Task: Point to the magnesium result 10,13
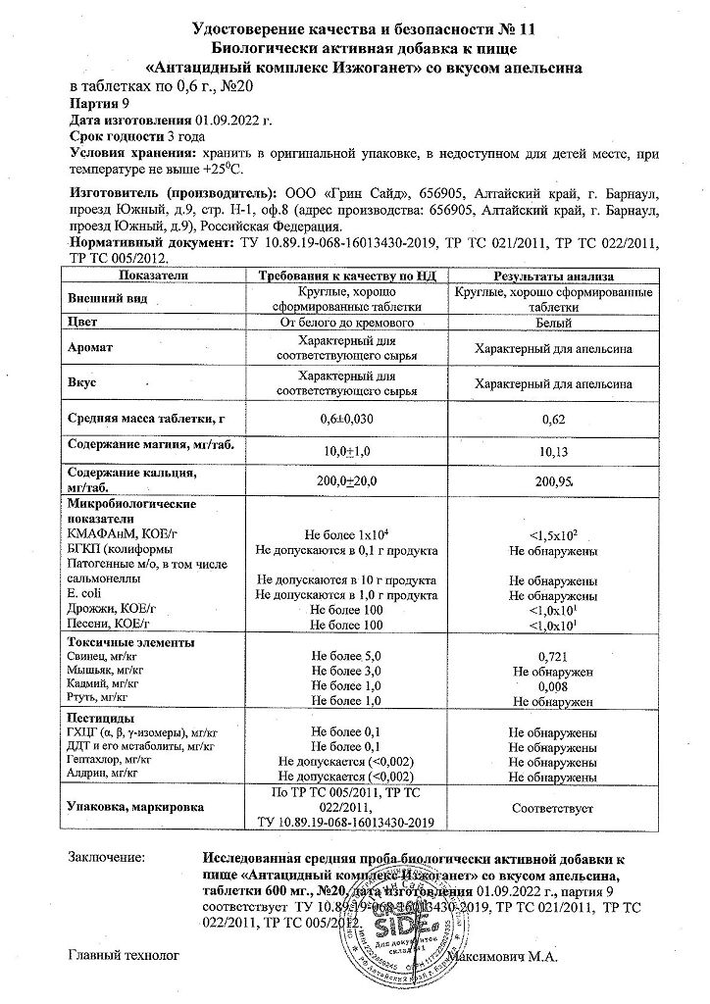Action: (x=554, y=452)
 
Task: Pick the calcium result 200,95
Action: (x=554, y=482)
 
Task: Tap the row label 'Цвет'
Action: (x=85, y=321)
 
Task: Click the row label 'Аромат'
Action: (x=91, y=348)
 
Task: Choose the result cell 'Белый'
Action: (x=554, y=321)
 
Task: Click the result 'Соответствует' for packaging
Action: (x=554, y=808)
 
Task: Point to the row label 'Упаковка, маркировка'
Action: (x=135, y=808)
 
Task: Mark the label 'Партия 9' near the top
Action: (x=99, y=101)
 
